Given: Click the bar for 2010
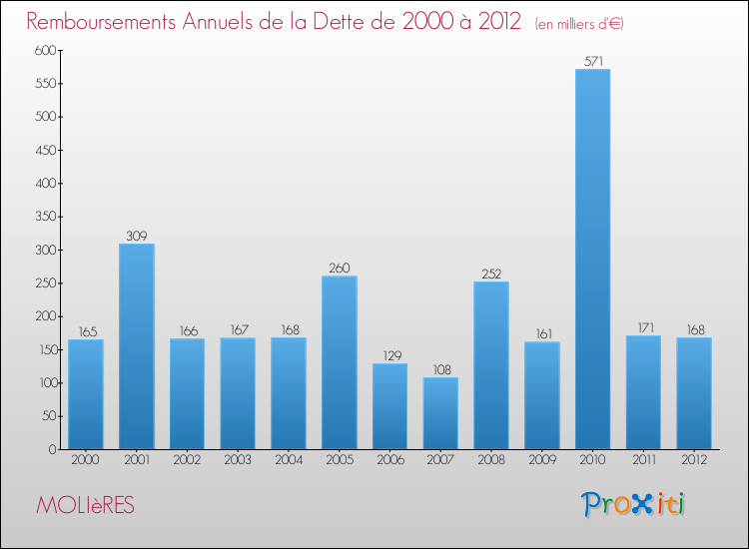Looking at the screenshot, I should pyautogui.click(x=592, y=260).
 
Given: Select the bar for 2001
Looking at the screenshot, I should pyautogui.click(x=137, y=346).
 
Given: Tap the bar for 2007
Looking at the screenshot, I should pyautogui.click(x=440, y=413).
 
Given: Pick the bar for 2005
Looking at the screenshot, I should pyautogui.click(x=340, y=362).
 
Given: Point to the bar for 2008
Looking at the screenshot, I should pyautogui.click(x=491, y=365).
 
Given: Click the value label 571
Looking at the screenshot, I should pyautogui.click(x=592, y=61).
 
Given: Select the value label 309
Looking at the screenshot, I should pyautogui.click(x=137, y=236).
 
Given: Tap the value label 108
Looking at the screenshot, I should pyautogui.click(x=440, y=369).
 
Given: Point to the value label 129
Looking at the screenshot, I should pyautogui.click(x=389, y=355).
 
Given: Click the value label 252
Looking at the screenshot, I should pyautogui.click(x=491, y=274).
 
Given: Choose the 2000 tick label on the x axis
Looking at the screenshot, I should pyautogui.click(x=86, y=459).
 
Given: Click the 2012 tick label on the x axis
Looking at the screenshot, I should pyautogui.click(x=694, y=459).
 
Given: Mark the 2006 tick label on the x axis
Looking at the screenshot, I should pyautogui.click(x=389, y=459).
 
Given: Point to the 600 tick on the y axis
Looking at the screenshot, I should pyautogui.click(x=43, y=51).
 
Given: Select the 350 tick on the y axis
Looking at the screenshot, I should pyautogui.click(x=43, y=217).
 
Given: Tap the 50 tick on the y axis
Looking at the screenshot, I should pyautogui.click(x=47, y=416).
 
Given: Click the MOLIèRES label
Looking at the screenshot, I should pyautogui.click(x=85, y=505).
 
